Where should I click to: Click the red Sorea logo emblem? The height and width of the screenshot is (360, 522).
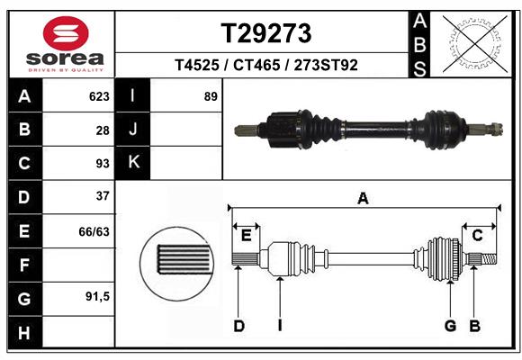(x=66, y=33)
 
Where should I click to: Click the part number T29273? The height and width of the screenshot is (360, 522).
(x=266, y=33)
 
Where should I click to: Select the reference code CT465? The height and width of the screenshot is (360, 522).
(x=256, y=65)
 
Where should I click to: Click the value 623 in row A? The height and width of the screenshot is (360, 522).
(x=99, y=96)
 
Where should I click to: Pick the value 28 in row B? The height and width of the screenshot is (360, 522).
(x=103, y=130)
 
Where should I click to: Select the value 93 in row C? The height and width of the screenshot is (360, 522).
(x=103, y=164)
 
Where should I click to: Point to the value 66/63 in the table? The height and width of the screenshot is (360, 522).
(x=94, y=231)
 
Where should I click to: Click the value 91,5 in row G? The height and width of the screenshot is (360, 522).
(x=97, y=296)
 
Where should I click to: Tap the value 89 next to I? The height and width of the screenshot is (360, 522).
(x=211, y=96)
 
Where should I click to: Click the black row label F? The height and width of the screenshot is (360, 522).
(x=25, y=265)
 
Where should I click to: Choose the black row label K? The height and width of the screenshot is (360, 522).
(x=133, y=163)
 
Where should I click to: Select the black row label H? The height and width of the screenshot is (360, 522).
(x=25, y=332)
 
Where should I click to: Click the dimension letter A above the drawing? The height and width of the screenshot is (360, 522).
(x=363, y=199)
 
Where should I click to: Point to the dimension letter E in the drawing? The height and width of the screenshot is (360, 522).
(x=246, y=236)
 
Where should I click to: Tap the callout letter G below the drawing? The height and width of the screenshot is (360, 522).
(x=450, y=326)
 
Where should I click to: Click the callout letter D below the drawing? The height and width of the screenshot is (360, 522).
(x=239, y=326)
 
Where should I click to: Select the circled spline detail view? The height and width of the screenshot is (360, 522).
(x=177, y=264)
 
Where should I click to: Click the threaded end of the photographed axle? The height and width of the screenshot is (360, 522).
(x=496, y=130)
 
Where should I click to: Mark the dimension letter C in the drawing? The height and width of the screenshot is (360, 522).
(x=477, y=236)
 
